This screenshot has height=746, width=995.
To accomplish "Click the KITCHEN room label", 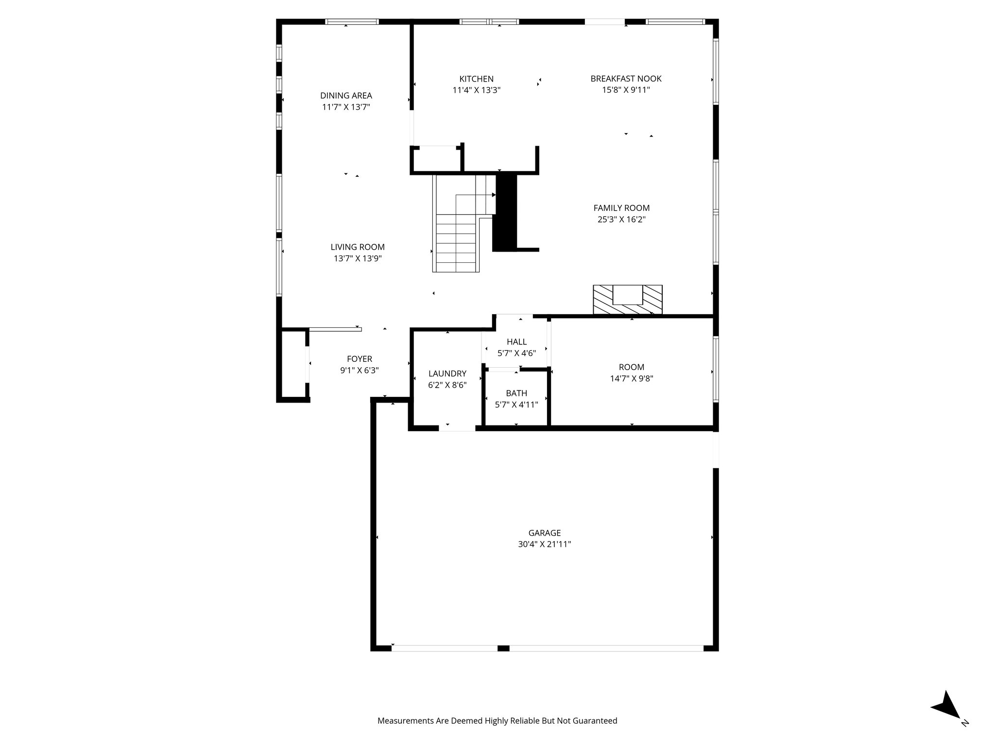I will tap(476, 79).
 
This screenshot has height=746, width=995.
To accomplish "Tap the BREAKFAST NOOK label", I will tap(626, 79).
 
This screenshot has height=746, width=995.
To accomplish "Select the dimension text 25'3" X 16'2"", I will tap(621, 220).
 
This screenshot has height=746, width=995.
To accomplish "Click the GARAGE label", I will tap(544, 533).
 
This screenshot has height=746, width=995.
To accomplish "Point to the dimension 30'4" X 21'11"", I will tap(544, 544).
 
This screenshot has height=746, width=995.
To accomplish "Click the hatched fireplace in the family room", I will tap(627, 300).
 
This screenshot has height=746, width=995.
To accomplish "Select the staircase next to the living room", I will tap(457, 228).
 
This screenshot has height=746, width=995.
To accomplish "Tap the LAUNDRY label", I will tap(447, 373).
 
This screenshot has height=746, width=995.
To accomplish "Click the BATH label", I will tap(516, 393).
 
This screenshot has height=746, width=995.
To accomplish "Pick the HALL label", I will tap(516, 342).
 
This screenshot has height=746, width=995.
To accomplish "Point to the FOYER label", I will tap(360, 359).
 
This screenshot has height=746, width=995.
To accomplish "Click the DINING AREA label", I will tap(346, 96).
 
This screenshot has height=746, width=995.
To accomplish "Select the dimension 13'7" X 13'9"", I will tap(358, 259).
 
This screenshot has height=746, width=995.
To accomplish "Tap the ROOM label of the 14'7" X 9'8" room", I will tap(631, 367).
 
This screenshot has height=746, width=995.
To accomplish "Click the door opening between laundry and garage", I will tap(457, 428).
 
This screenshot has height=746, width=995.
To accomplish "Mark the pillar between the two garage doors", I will tap(503, 648).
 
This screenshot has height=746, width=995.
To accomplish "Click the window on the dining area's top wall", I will tap(352, 21).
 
